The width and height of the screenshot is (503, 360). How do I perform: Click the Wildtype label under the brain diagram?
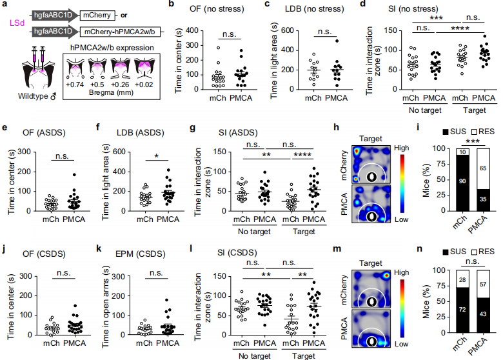tap(26, 96)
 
